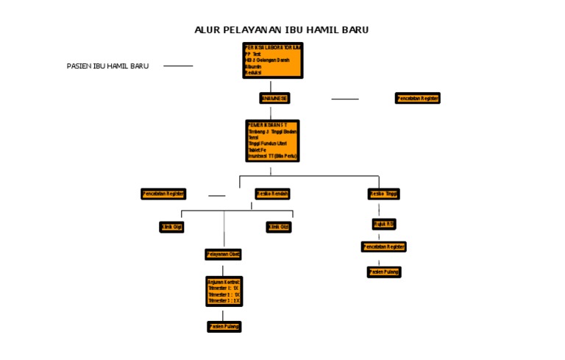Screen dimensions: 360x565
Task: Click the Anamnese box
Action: pyautogui.click(x=274, y=98)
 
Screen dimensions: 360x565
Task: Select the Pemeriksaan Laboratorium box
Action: pyautogui.click(x=273, y=60)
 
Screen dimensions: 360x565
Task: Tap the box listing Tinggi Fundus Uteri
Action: pyautogui.click(x=272, y=141)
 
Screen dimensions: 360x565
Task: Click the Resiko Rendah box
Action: pyautogui.click(x=272, y=194)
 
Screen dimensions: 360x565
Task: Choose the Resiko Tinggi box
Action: pyautogui.click(x=383, y=194)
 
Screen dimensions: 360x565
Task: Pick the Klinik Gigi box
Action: pyautogui.click(x=171, y=227)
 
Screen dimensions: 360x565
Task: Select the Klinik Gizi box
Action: pyautogui.click(x=278, y=227)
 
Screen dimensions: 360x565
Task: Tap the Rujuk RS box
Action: pyautogui.click(x=383, y=224)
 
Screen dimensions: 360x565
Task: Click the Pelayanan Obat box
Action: pyautogui.click(x=223, y=255)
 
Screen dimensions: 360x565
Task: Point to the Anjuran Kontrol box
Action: pyautogui.click(x=224, y=292)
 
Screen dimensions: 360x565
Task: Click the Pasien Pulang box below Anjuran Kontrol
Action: pyautogui.click(x=224, y=326)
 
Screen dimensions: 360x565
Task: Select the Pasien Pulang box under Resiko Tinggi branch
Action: pyautogui.click(x=384, y=272)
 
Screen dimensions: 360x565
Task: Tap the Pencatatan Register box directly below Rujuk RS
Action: pyautogui.click(x=383, y=247)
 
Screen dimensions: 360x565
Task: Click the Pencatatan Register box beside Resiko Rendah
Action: pyautogui.click(x=163, y=194)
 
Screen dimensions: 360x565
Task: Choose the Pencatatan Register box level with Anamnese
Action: pyautogui.click(x=417, y=98)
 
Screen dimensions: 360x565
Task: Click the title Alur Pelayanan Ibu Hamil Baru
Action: pyautogui.click(x=282, y=29)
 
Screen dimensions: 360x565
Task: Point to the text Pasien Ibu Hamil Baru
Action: pyautogui.click(x=107, y=66)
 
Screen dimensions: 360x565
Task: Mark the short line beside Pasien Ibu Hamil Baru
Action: pyautogui.click(x=178, y=66)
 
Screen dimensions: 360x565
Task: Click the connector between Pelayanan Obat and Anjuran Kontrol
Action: pyautogui.click(x=223, y=269)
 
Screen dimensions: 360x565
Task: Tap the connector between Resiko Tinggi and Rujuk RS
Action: pyautogui.click(x=379, y=209)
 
